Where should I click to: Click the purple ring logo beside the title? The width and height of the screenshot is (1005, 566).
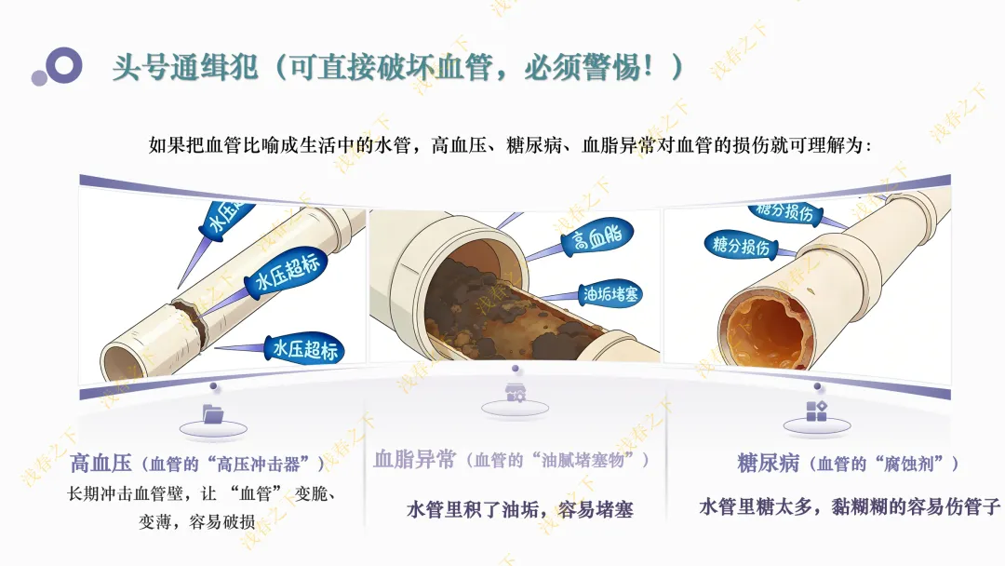pos(64,65)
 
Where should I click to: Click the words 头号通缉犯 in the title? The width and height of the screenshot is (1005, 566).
pos(184,67)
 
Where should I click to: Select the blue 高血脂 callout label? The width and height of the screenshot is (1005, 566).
pos(596,237)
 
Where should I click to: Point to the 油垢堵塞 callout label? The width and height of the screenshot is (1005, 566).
pos(610,294)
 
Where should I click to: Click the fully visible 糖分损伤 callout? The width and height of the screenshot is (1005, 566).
pos(741,246)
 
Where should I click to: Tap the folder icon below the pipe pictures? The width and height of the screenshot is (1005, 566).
pos(213,414)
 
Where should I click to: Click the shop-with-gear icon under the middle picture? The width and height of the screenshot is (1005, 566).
pos(516,393)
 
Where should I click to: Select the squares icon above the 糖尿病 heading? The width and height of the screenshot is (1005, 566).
pos(817,411)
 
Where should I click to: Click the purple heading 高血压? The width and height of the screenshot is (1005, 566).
pos(100,463)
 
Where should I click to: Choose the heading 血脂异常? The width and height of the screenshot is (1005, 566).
pos(414,459)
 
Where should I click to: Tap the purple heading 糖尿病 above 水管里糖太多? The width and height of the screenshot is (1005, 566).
pos(768,463)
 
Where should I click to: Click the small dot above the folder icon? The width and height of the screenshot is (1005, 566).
pos(213,386)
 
